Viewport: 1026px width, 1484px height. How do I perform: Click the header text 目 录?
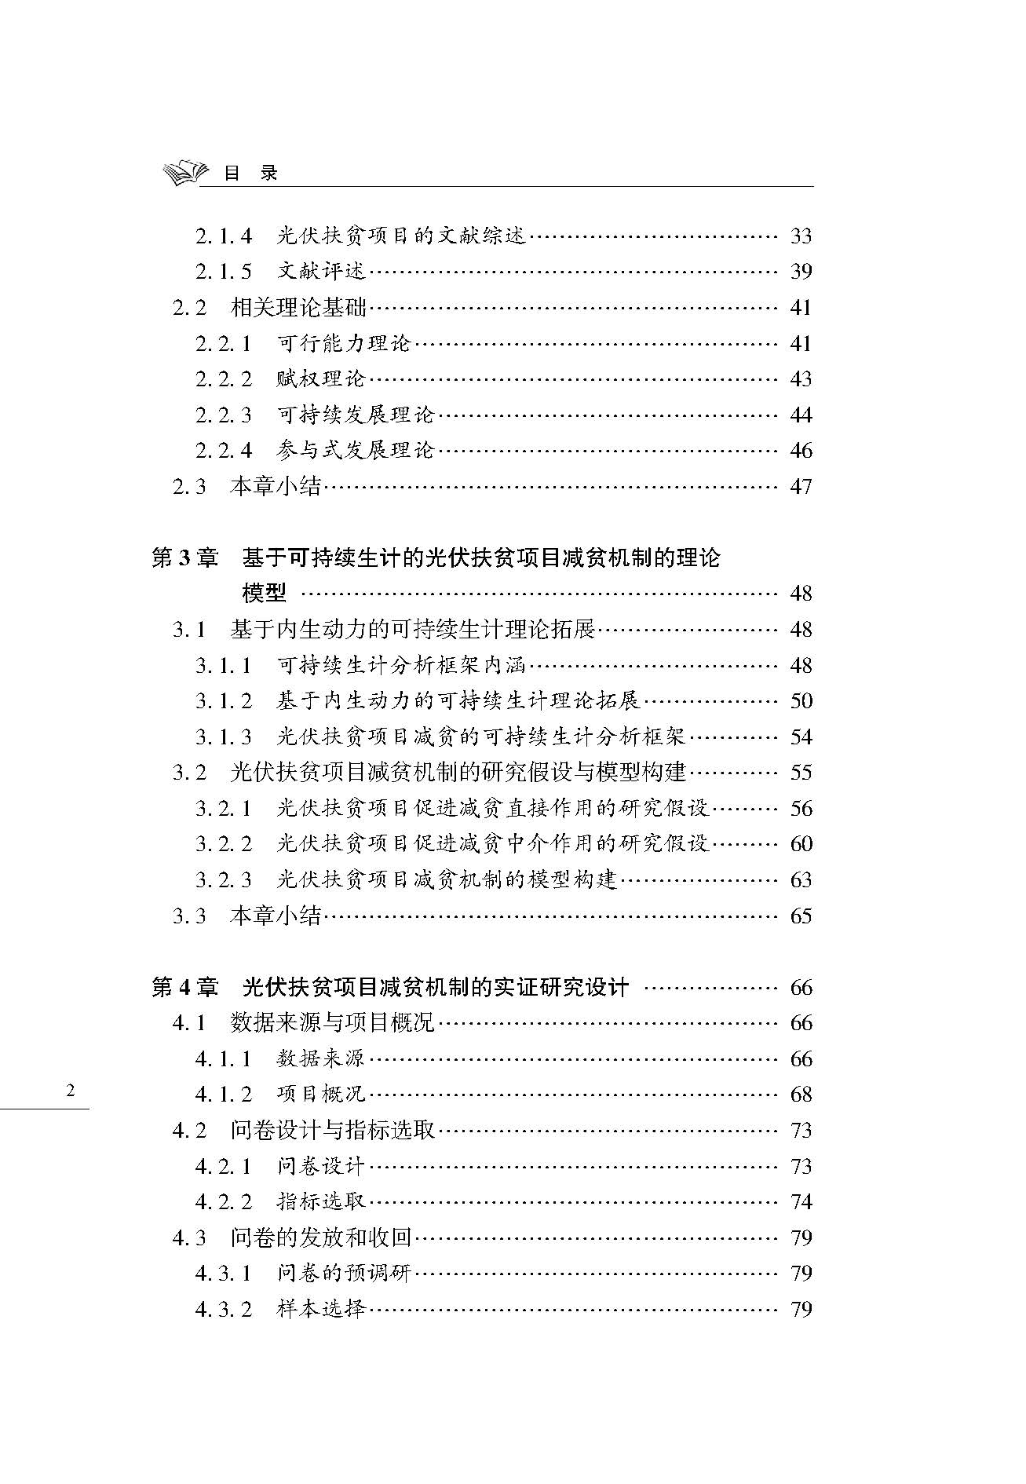point(250,174)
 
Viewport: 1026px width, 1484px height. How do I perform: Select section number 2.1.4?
point(224,236)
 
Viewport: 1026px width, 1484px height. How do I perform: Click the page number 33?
point(801,236)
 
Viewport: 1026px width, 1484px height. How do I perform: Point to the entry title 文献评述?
point(322,272)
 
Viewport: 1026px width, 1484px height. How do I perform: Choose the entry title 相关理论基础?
point(299,307)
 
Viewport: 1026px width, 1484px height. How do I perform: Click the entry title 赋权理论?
point(322,379)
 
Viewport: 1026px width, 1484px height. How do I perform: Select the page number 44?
point(801,415)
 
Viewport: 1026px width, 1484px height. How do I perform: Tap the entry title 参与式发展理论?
point(356,451)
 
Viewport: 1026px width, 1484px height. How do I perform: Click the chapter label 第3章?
point(184,558)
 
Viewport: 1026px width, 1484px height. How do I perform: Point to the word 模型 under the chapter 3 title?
point(265,593)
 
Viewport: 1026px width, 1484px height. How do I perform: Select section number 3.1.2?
point(224,701)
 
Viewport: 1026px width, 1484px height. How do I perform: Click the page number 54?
point(801,737)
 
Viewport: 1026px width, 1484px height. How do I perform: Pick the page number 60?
point(801,844)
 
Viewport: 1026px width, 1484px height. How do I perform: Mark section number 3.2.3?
point(224,880)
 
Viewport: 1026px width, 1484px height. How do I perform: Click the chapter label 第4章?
point(184,987)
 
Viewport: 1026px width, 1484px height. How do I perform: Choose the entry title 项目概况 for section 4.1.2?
point(322,1095)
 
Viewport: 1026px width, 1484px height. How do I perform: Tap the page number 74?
point(801,1202)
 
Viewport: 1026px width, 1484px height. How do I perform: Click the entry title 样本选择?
point(322,1309)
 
